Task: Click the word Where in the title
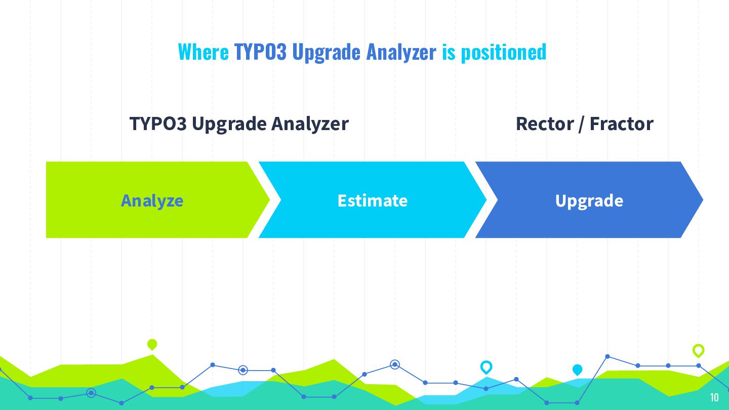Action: point(204,52)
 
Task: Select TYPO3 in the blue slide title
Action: point(260,52)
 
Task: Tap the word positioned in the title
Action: point(503,53)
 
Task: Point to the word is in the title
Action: point(449,52)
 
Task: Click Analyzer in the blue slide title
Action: point(401,53)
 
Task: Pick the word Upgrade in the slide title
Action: point(326,53)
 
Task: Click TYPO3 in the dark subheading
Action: point(158,124)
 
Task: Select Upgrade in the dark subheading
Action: point(229,125)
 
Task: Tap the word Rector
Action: point(545,124)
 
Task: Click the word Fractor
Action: point(621,124)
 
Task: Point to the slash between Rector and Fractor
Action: point(582,124)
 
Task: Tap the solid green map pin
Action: point(152,344)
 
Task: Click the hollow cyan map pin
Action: point(486,367)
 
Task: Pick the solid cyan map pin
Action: point(577,370)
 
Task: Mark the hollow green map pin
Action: point(699,351)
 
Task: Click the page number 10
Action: point(714,397)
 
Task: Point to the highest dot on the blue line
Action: point(607,357)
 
